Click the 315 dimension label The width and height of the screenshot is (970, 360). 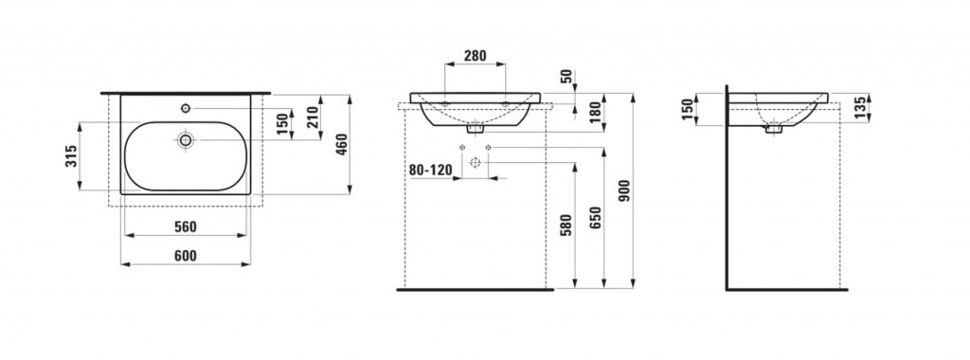coord(72,156)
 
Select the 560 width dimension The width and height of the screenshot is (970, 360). coord(185,227)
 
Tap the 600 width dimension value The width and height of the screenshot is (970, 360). coord(185,256)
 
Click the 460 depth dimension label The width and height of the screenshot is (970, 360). coord(341,145)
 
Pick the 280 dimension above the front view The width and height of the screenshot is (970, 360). coord(476,56)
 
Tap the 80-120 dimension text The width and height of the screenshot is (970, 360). coord(430,171)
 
